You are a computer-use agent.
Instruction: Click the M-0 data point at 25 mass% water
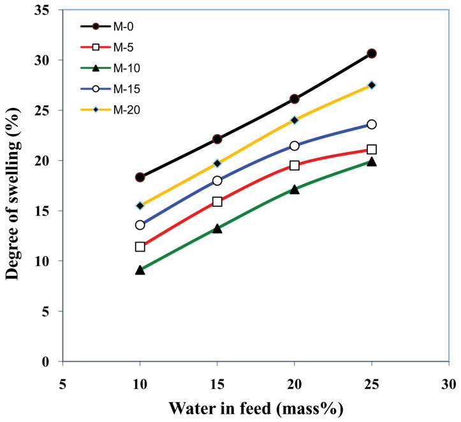point(372,54)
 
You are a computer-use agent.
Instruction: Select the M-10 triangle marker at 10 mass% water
point(140,270)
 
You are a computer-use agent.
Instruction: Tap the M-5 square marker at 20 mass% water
point(295,165)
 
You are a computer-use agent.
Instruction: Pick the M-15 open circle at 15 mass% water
point(217,181)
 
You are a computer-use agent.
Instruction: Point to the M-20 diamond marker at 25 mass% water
point(372,85)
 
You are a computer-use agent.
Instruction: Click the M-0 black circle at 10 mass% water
point(140,177)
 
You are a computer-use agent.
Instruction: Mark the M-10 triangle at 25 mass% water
point(372,162)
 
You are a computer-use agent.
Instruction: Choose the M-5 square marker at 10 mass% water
point(140,246)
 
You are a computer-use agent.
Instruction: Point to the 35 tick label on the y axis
point(47,10)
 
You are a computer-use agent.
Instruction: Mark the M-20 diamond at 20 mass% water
point(295,120)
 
